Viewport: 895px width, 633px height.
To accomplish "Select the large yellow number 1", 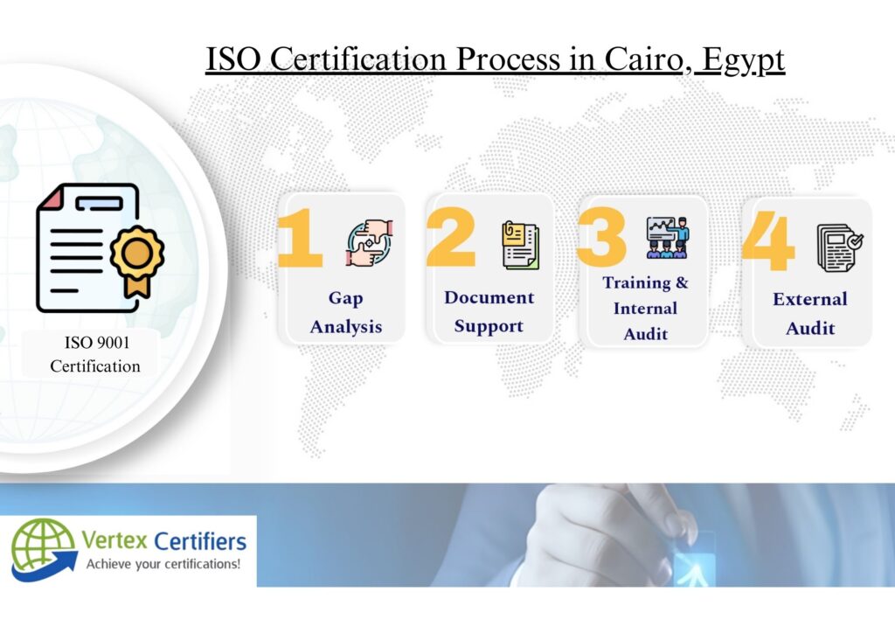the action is tap(300, 238).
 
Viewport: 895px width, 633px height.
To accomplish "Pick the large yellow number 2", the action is tap(451, 237).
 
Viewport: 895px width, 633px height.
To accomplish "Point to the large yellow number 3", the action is tap(601, 237).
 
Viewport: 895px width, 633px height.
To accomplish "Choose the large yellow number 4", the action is tap(768, 240).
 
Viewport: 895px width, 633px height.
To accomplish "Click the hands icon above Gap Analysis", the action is tap(370, 243).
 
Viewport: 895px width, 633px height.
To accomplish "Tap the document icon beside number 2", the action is tap(520, 245).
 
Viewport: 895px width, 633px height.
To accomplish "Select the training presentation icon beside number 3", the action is tap(668, 238).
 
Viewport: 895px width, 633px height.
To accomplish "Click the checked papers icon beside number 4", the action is tap(840, 247).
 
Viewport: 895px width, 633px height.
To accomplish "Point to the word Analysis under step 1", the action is tap(346, 328).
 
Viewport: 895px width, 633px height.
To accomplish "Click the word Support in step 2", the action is tap(489, 326).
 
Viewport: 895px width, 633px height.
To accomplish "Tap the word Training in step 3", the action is tap(637, 283).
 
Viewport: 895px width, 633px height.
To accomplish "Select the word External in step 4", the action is tap(810, 299).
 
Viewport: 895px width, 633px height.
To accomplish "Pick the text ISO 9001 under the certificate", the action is tap(97, 343).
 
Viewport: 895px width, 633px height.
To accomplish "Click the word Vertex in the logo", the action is tap(114, 540).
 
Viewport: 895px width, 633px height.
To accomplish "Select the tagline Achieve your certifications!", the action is tap(163, 565).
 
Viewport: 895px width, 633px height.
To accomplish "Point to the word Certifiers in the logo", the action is tap(200, 540).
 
